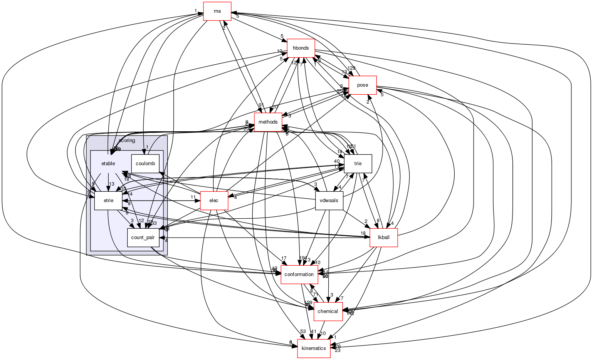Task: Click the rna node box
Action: pos(217,11)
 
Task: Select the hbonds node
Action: pos(301,48)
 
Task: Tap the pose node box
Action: pos(362,85)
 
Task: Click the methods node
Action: pos(268,122)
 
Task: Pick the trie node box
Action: pos(358,164)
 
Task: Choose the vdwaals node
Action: pos(329,201)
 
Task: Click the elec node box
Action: pos(213,201)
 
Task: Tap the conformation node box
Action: pos(299,275)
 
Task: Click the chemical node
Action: pos(328,311)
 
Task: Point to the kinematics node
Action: pos(314,348)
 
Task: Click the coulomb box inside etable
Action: pos(145,164)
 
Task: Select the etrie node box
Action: pos(108,201)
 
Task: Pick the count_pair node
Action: pos(143,238)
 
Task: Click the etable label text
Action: pos(108,164)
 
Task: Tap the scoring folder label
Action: pos(127,141)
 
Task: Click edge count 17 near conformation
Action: pos(284,258)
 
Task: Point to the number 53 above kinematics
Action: pos(303,332)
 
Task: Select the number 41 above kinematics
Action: pos(313,332)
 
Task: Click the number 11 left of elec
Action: pos(193,197)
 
